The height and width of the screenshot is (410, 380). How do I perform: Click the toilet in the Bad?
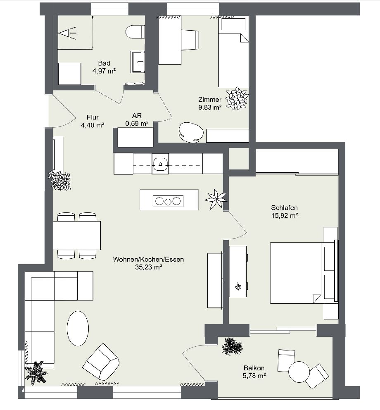pyautogui.click(x=135, y=32)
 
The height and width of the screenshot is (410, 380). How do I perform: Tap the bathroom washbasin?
pyautogui.click(x=138, y=62)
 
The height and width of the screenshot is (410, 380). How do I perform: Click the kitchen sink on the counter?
pyautogui.click(x=160, y=164)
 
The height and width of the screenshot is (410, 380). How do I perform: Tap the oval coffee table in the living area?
pyautogui.click(x=78, y=328)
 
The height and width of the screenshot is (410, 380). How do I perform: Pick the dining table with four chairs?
pyautogui.click(x=77, y=236)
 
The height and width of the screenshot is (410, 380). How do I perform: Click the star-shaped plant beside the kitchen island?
pyautogui.click(x=216, y=199)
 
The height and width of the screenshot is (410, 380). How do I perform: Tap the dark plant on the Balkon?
pyautogui.click(x=233, y=346)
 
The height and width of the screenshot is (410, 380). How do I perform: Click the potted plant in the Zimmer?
pyautogui.click(x=235, y=98)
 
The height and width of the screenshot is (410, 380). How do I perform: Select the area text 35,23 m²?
pyautogui.click(x=148, y=267)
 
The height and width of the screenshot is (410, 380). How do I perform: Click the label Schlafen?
pyautogui.click(x=285, y=207)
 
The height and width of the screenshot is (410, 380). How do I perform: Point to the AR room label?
pyautogui.click(x=137, y=116)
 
